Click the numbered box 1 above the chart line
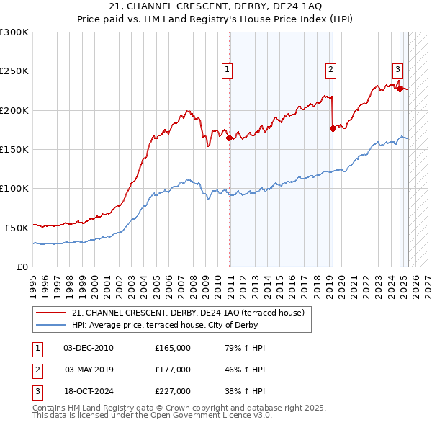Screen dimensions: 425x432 (227, 70)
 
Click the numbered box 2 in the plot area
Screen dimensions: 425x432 (330, 70)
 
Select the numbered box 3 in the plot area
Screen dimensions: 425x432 (397, 70)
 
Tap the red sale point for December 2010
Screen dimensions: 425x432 (230, 138)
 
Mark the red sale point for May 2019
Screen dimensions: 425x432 (333, 128)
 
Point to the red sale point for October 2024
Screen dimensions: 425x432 (400, 89)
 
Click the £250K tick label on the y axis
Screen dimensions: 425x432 (14, 71)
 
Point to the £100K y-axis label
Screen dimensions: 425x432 (14, 188)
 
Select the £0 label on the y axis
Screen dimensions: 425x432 (23, 267)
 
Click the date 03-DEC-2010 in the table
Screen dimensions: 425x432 (89, 348)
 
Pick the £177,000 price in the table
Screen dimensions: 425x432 (173, 370)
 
